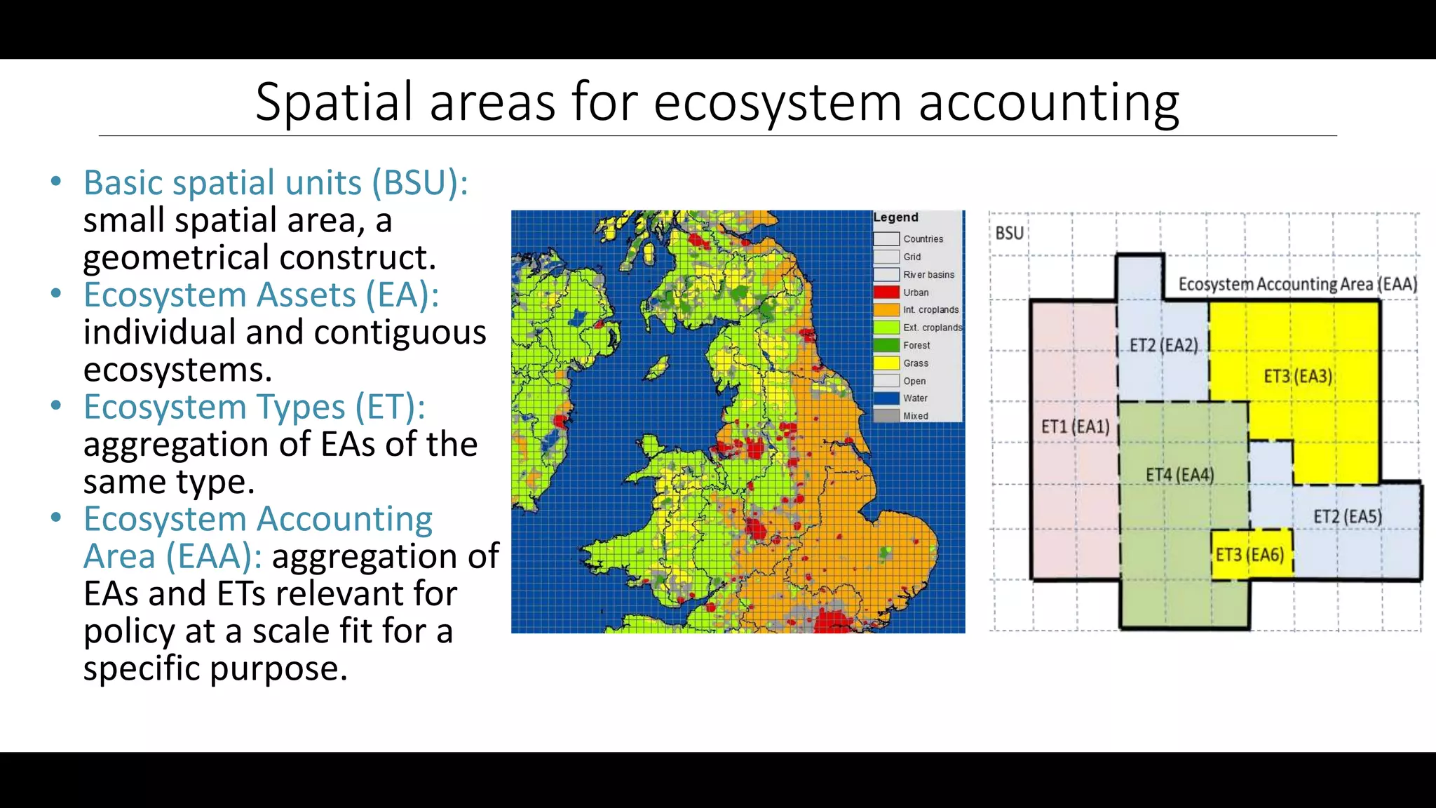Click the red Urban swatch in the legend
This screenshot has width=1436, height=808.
coord(886,292)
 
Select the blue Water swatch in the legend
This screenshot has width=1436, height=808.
coord(886,398)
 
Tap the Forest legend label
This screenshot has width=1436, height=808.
coord(916,345)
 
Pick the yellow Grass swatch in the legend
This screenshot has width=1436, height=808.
coord(886,363)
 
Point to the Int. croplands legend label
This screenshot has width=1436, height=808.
coord(930,309)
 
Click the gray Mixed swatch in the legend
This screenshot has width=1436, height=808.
coord(886,415)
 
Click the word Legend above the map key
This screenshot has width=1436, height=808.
coord(895,217)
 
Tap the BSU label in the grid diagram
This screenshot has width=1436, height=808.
coord(1009,233)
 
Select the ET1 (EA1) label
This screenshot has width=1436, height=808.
coord(1075,426)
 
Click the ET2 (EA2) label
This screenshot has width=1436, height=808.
coord(1163,345)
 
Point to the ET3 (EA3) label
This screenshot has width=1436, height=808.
coord(1298,377)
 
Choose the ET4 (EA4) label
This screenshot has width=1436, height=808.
coord(1179,475)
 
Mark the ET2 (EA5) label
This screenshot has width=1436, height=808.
coord(1347,517)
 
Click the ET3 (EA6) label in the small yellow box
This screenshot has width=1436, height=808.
coord(1249,555)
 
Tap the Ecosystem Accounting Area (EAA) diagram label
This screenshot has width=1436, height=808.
coord(1297,284)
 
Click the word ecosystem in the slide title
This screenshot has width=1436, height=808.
coord(777,102)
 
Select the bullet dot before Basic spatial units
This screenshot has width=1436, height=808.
coord(56,182)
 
